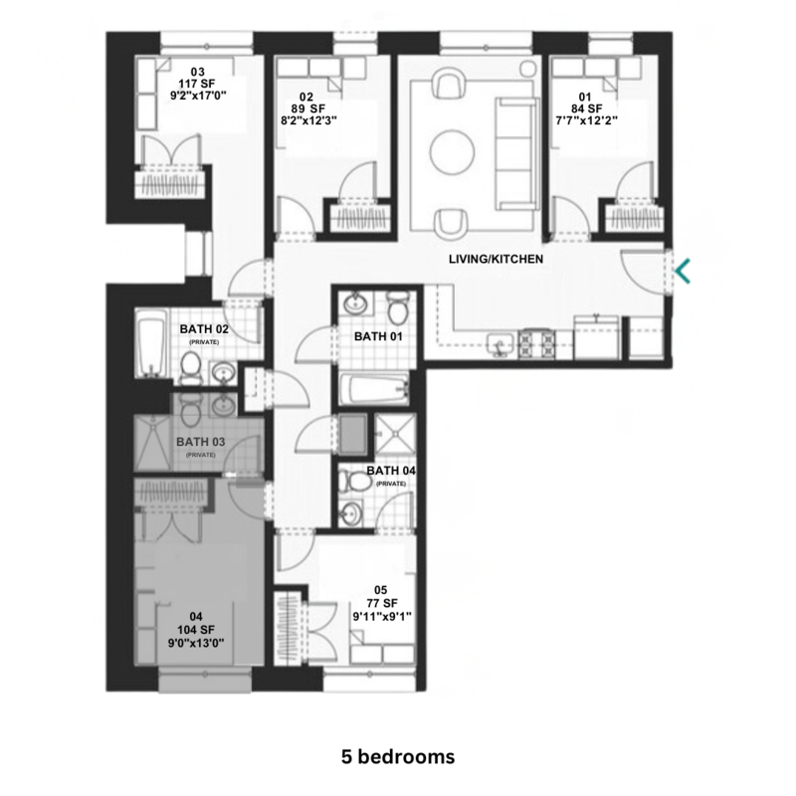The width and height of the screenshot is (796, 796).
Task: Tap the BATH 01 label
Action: click(378, 336)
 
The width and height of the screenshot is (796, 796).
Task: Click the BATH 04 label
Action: click(391, 471)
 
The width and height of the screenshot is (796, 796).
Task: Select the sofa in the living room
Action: click(514, 152)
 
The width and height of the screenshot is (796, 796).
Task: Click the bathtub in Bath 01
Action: click(374, 389)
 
